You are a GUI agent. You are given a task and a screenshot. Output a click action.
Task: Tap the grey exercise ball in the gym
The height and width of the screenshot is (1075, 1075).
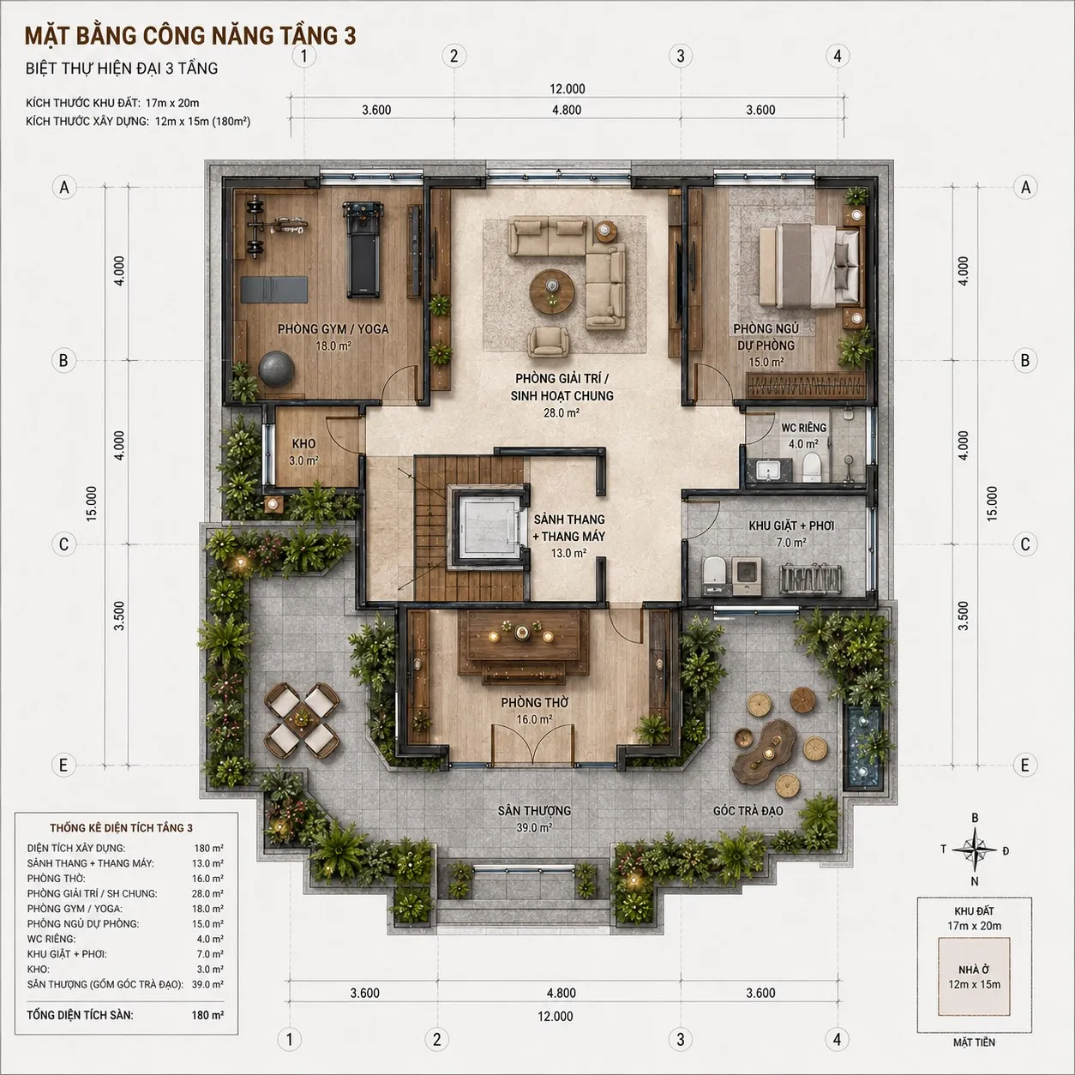pos(276,369)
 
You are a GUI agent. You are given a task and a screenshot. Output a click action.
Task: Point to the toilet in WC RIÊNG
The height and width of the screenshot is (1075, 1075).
pos(811,467)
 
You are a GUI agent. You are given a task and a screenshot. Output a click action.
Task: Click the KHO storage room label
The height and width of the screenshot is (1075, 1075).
pos(304,443)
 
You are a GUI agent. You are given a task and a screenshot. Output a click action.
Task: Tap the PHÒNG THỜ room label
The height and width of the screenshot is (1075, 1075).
pos(534,702)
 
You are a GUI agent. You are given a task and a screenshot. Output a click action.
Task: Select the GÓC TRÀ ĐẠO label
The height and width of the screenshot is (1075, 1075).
pos(748,811)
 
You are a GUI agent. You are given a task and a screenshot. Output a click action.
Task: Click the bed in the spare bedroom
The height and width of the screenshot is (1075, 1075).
pos(809,266)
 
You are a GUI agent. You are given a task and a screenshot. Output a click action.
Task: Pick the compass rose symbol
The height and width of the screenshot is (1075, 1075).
pos(974,850)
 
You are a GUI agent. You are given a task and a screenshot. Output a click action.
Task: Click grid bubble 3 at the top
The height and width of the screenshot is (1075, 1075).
pos(680,56)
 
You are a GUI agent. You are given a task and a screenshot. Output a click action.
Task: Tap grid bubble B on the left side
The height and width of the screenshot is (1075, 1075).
pos(63,360)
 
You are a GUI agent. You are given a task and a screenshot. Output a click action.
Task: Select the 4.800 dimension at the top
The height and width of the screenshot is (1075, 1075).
pos(567,110)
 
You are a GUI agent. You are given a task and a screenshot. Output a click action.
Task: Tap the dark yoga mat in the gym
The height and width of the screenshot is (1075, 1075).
pos(274,290)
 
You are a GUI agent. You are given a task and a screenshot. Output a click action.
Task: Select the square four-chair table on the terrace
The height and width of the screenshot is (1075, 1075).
pos(302,719)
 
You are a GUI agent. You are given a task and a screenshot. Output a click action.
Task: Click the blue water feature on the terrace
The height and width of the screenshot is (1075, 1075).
pos(863,748)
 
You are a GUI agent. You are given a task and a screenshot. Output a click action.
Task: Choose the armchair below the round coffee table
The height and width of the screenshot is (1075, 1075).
pos(550,341)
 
